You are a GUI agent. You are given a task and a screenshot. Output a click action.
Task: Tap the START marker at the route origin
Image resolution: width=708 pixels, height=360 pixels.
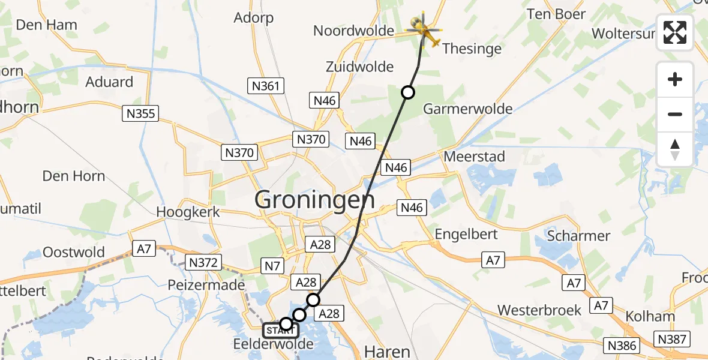279,330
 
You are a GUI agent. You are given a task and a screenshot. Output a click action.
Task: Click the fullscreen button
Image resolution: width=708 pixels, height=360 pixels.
675,32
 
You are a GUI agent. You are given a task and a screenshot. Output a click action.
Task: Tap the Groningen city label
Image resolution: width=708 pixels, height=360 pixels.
315,200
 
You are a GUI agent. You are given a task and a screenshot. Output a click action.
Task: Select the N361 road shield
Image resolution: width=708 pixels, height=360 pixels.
265,86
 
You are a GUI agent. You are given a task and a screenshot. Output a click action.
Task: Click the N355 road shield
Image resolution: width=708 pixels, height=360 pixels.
141,113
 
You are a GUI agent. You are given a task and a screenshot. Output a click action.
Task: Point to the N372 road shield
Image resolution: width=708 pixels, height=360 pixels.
205,262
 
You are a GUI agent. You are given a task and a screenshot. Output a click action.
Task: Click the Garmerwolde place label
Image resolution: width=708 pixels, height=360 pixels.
468,109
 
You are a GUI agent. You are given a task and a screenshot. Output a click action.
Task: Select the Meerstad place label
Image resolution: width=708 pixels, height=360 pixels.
474,157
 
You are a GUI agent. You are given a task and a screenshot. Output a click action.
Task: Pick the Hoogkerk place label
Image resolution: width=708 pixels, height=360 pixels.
188,212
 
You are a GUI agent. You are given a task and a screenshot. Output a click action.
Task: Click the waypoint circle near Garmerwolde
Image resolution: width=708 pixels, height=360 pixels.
408,92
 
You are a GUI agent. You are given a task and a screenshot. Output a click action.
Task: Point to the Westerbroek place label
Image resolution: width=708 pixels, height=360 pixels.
539,310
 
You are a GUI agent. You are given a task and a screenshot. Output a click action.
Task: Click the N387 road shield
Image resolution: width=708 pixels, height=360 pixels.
671,340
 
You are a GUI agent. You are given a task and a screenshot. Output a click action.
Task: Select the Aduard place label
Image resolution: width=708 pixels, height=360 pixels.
109,82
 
